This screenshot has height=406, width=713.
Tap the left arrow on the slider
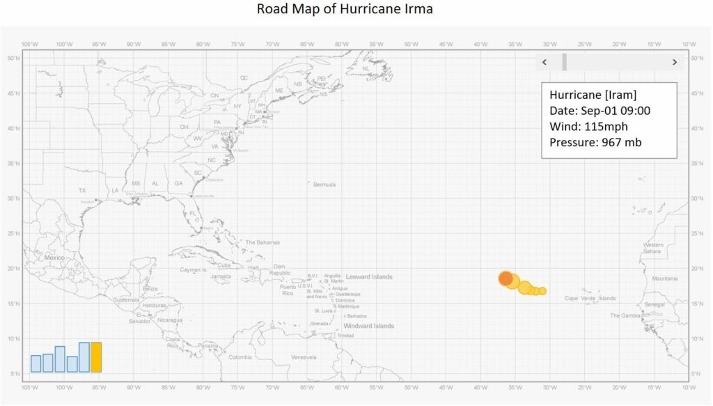[x=544, y=62]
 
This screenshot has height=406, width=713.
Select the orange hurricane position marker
[x=506, y=278]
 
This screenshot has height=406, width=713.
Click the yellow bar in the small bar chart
[x=96, y=357]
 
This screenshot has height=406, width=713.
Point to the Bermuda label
[x=324, y=185]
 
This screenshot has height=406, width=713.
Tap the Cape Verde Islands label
[x=590, y=298]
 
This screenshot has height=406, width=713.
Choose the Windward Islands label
[x=368, y=326]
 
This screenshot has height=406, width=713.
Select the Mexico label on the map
[x=54, y=257]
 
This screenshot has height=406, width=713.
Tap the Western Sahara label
[x=653, y=248]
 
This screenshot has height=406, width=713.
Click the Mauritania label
[x=664, y=278]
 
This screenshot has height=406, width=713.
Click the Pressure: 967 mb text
[x=595, y=143]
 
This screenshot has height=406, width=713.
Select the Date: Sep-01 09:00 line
[x=600, y=111]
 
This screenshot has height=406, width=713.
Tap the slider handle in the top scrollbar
[x=564, y=62]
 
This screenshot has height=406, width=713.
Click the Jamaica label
[x=221, y=276]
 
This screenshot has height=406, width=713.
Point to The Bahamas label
[x=263, y=242]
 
